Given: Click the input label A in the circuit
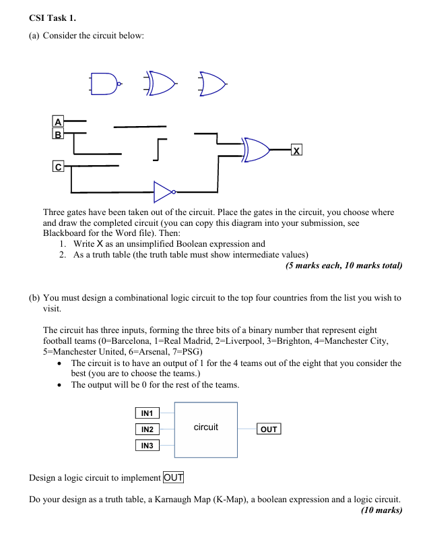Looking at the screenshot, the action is coord(58,122).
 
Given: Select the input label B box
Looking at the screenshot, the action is coord(58,133).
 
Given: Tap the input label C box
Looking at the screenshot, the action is coord(59,165).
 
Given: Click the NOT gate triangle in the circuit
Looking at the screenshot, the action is coord(164,191).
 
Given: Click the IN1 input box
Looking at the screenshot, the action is coord(147,413).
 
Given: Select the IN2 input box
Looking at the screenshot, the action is coord(147,429).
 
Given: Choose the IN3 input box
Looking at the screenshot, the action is coord(147,446).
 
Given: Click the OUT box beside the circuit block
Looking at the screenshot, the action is coord(268,429).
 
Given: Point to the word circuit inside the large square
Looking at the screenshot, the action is coord(205,427).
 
